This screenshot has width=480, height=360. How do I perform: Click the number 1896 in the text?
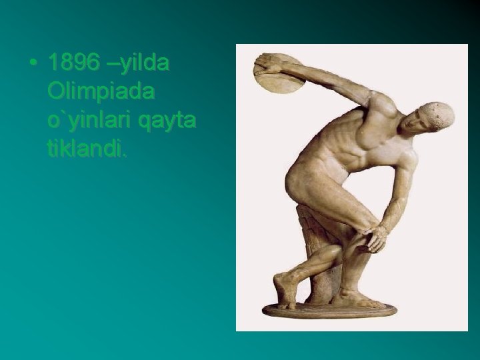coord(74,63)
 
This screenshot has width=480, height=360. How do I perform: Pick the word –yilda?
coord(138,63)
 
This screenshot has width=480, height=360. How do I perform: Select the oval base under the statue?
coord(330,309)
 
